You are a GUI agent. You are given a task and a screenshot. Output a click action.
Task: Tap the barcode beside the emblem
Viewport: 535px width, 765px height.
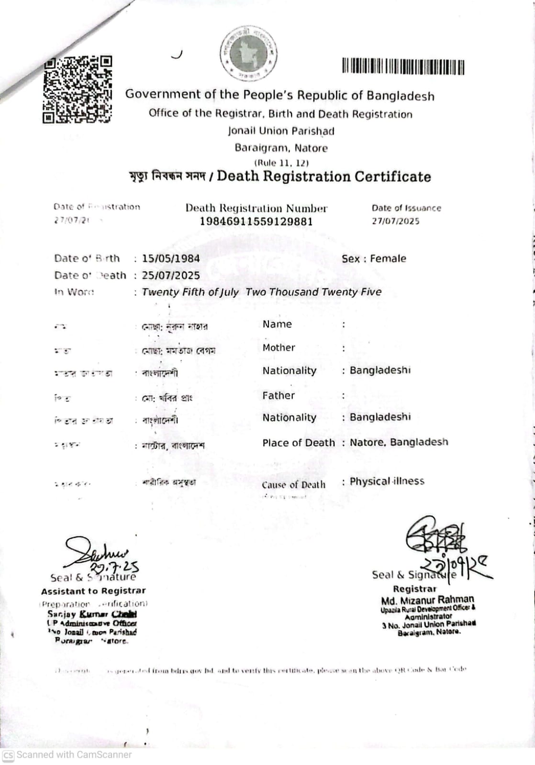[403, 66]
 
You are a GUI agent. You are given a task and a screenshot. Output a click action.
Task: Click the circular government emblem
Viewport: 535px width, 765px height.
[248, 53]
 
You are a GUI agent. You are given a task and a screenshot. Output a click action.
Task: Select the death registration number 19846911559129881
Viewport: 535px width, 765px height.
[256, 221]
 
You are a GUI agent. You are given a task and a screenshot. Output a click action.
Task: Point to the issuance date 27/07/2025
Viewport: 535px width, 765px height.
[395, 221]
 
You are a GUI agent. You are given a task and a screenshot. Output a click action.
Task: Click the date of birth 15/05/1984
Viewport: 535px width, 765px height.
[171, 258]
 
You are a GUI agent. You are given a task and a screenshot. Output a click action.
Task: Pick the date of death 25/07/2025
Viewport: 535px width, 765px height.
[171, 275]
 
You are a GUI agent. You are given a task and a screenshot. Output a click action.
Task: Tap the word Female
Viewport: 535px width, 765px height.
[388, 259]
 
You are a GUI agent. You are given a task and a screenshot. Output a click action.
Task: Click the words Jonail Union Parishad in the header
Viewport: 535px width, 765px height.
[281, 131]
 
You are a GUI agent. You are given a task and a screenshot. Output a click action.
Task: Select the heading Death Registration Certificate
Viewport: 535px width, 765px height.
[323, 176]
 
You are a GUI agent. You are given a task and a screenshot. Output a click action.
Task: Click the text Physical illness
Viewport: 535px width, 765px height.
[387, 481]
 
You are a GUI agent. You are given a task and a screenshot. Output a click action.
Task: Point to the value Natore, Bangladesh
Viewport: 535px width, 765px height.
[399, 442]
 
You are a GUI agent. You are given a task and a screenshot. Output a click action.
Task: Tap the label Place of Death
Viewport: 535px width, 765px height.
[298, 443]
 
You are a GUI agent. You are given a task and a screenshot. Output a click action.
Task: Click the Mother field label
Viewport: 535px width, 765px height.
[279, 348]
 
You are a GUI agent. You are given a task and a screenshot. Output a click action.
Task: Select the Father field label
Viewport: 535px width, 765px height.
[278, 395]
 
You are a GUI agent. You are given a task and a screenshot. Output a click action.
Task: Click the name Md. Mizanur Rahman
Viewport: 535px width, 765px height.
[427, 600]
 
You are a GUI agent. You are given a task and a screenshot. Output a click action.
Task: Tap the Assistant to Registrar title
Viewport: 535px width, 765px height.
[93, 591]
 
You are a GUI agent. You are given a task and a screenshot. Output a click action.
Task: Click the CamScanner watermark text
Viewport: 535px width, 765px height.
[74, 754]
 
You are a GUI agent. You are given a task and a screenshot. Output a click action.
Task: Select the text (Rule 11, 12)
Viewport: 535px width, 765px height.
[281, 163]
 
